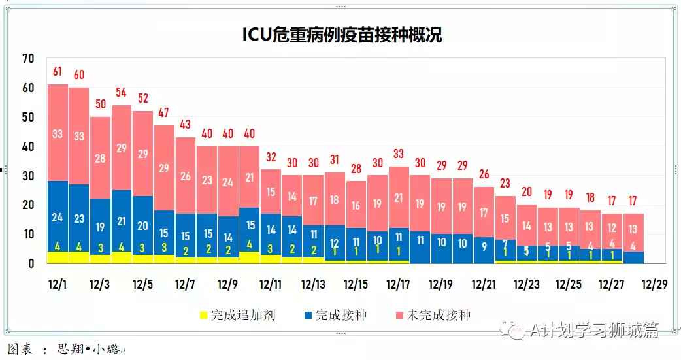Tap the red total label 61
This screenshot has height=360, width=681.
[x=58, y=71]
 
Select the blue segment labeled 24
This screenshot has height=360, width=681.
[x=58, y=218]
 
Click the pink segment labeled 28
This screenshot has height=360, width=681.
[x=100, y=158]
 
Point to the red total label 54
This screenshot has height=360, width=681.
[x=122, y=92]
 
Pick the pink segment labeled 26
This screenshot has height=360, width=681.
[x=186, y=176]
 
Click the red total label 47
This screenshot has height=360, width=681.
[x=164, y=112]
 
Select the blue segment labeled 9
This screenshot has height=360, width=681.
[x=484, y=247]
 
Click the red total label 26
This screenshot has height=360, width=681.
[x=484, y=174]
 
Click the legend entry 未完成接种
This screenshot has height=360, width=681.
[x=438, y=316]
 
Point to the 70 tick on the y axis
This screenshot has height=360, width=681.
[x=27, y=59]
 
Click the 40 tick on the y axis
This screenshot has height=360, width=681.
[x=27, y=146]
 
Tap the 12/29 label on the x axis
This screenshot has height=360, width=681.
[x=654, y=285]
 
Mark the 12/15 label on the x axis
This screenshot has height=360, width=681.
[x=356, y=285]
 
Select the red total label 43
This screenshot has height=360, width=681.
[x=186, y=124]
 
